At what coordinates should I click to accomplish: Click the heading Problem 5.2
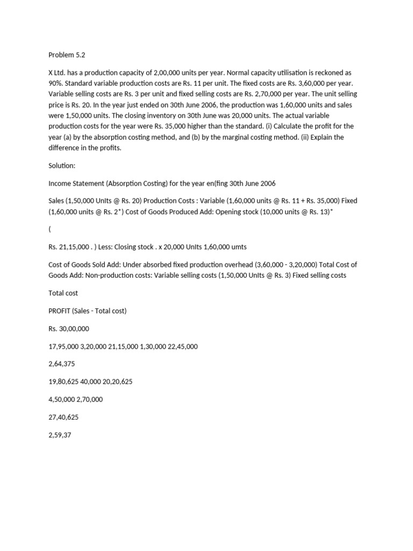pos(67,54)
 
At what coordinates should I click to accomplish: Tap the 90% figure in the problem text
pos(56,83)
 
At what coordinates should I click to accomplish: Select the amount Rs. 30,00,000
pos(69,329)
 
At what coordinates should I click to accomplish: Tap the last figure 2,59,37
pos(60,434)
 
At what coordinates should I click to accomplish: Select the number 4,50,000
pos(61,399)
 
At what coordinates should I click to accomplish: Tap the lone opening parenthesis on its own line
pos(49,229)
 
